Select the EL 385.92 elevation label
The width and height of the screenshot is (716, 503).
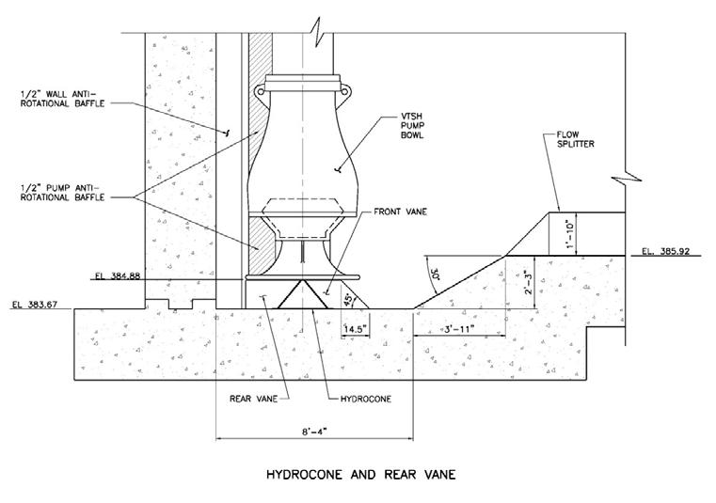[x=670, y=251]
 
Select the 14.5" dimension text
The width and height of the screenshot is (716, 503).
[x=329, y=328]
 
